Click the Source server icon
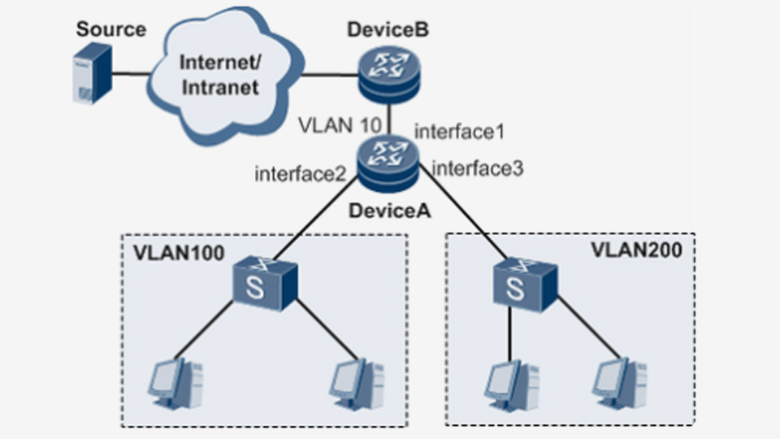(x=93, y=73)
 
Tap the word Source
(x=111, y=29)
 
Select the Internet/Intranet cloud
(x=225, y=76)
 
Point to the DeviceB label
(x=388, y=29)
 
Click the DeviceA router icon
(x=388, y=165)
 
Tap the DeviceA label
(x=389, y=211)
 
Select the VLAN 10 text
(x=340, y=125)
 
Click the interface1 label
(x=459, y=132)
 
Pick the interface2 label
(x=300, y=174)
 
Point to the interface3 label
(x=478, y=169)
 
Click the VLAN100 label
(x=179, y=253)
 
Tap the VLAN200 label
(x=636, y=250)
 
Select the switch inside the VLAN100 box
(x=265, y=284)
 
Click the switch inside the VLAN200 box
(x=525, y=285)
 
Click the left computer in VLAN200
(x=512, y=385)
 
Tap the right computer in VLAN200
(x=620, y=384)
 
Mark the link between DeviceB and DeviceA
(x=389, y=120)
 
